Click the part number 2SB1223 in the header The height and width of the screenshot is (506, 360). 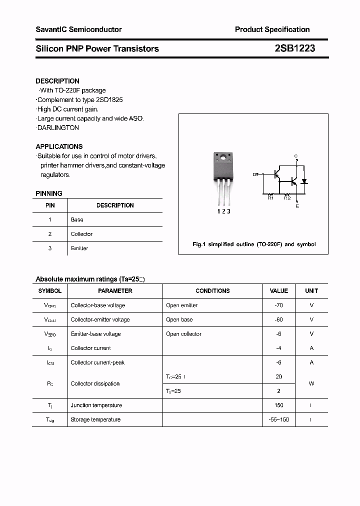294,48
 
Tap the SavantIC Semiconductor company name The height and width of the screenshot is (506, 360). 78,29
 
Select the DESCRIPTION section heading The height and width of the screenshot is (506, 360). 57,81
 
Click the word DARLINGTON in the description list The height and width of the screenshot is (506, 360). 59,128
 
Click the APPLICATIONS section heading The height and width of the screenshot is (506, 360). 59,146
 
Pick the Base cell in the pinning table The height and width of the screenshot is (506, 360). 77,219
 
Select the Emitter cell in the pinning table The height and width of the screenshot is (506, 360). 79,248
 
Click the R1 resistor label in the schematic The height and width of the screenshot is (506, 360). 270,198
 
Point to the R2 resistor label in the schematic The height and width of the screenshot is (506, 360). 287,198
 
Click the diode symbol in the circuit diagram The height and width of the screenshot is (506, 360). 304,181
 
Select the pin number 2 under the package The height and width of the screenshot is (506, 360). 223,211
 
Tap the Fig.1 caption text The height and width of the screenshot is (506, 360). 254,244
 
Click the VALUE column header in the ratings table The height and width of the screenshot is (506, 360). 279,291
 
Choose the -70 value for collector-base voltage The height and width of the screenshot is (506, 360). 279,305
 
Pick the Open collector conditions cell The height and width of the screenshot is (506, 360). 183,334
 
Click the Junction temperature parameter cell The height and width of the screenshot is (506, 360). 95,405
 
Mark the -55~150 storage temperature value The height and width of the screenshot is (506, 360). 279,419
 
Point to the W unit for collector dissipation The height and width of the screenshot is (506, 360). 311,384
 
